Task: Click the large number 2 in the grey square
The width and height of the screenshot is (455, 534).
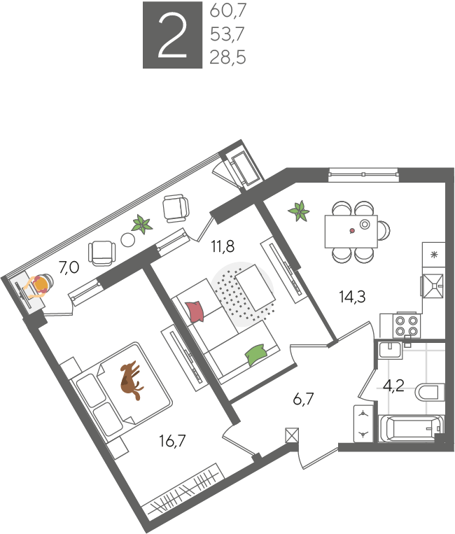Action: (173, 35)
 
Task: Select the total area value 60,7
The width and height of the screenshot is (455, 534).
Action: (227, 11)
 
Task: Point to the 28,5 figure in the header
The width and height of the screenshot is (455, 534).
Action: (227, 57)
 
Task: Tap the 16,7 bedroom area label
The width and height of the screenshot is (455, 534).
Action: (173, 441)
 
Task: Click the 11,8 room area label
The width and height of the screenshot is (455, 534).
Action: (223, 246)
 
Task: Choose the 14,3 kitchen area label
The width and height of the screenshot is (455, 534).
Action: (353, 297)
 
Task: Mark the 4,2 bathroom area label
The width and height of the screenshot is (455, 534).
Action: (393, 386)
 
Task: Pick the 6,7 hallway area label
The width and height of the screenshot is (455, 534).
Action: (303, 399)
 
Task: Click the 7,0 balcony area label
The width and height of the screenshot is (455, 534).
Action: (69, 267)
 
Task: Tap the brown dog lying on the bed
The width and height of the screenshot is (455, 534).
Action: (131, 380)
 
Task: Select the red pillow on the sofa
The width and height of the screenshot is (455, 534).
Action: (195, 311)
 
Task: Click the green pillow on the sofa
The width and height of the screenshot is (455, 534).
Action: (255, 355)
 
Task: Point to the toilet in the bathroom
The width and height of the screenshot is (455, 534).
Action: (430, 392)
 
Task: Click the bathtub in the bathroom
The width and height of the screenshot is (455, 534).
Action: (411, 428)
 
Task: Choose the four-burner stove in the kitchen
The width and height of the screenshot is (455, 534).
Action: (407, 326)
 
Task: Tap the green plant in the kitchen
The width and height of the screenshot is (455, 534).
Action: (299, 211)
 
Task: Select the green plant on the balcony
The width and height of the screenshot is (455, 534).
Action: (142, 224)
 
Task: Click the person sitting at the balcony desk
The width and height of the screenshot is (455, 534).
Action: (39, 285)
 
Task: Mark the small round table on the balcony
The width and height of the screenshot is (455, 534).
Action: (128, 240)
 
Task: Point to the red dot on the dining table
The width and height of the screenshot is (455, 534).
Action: (352, 231)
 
